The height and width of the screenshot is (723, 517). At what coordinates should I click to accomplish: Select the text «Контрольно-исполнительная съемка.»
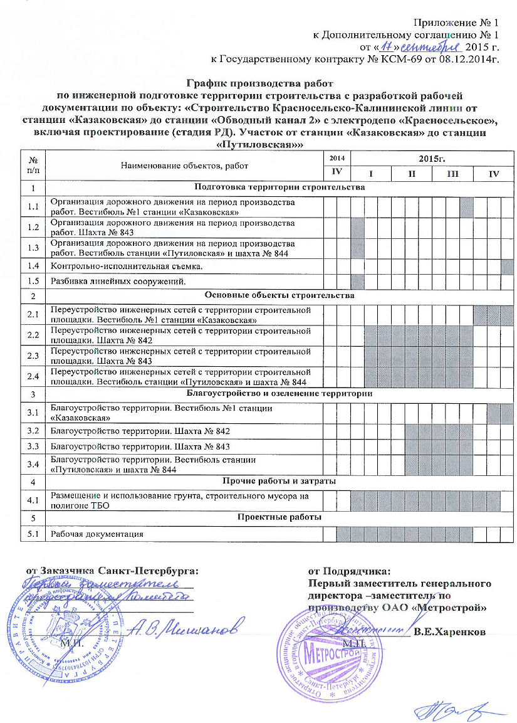115,267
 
